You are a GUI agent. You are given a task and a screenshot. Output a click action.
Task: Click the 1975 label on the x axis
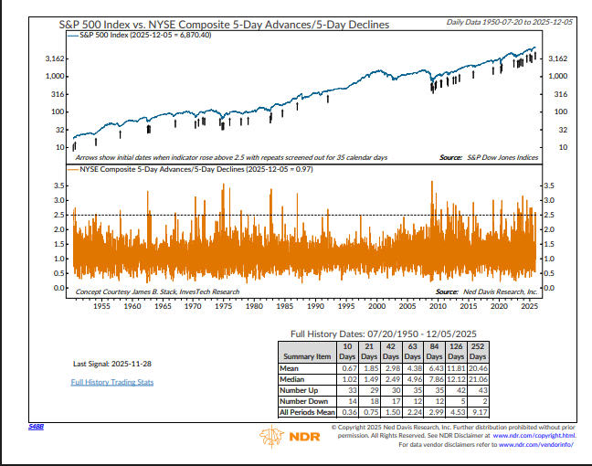click(221, 306)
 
